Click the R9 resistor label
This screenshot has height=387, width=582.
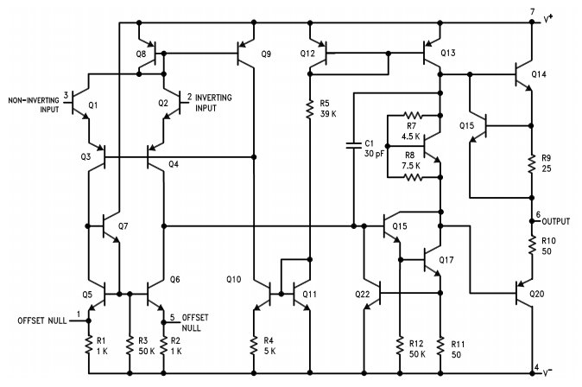pyautogui.click(x=546, y=157)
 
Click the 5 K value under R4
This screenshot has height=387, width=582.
pyautogui.click(x=269, y=351)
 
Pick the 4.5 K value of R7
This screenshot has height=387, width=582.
pyautogui.click(x=411, y=136)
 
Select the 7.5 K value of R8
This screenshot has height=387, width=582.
pyautogui.click(x=411, y=165)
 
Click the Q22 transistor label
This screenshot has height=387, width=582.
pyautogui.click(x=363, y=295)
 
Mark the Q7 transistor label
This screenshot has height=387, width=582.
pyautogui.click(x=123, y=226)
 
